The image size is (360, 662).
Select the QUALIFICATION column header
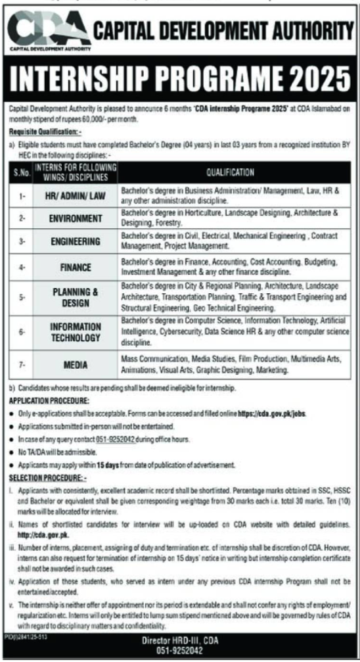click(230, 173)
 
